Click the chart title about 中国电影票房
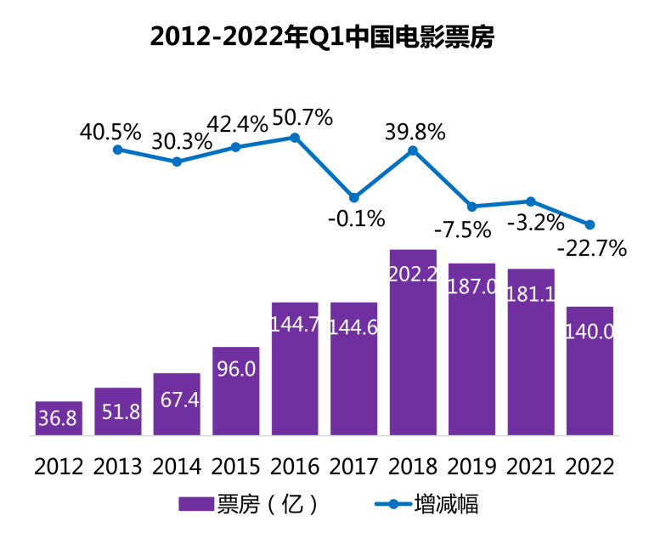[322, 37]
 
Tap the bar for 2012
[59, 418]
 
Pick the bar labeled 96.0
[235, 391]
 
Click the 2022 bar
[590, 371]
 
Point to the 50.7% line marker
[295, 137]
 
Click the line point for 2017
[354, 197]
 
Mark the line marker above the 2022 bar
[590, 224]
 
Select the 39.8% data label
[415, 131]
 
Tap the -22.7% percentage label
[592, 249]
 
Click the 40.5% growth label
[110, 132]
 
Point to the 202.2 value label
[413, 275]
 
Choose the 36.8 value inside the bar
[59, 420]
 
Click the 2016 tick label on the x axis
[295, 467]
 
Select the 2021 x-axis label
[531, 467]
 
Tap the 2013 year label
[118, 467]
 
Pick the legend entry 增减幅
[447, 504]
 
